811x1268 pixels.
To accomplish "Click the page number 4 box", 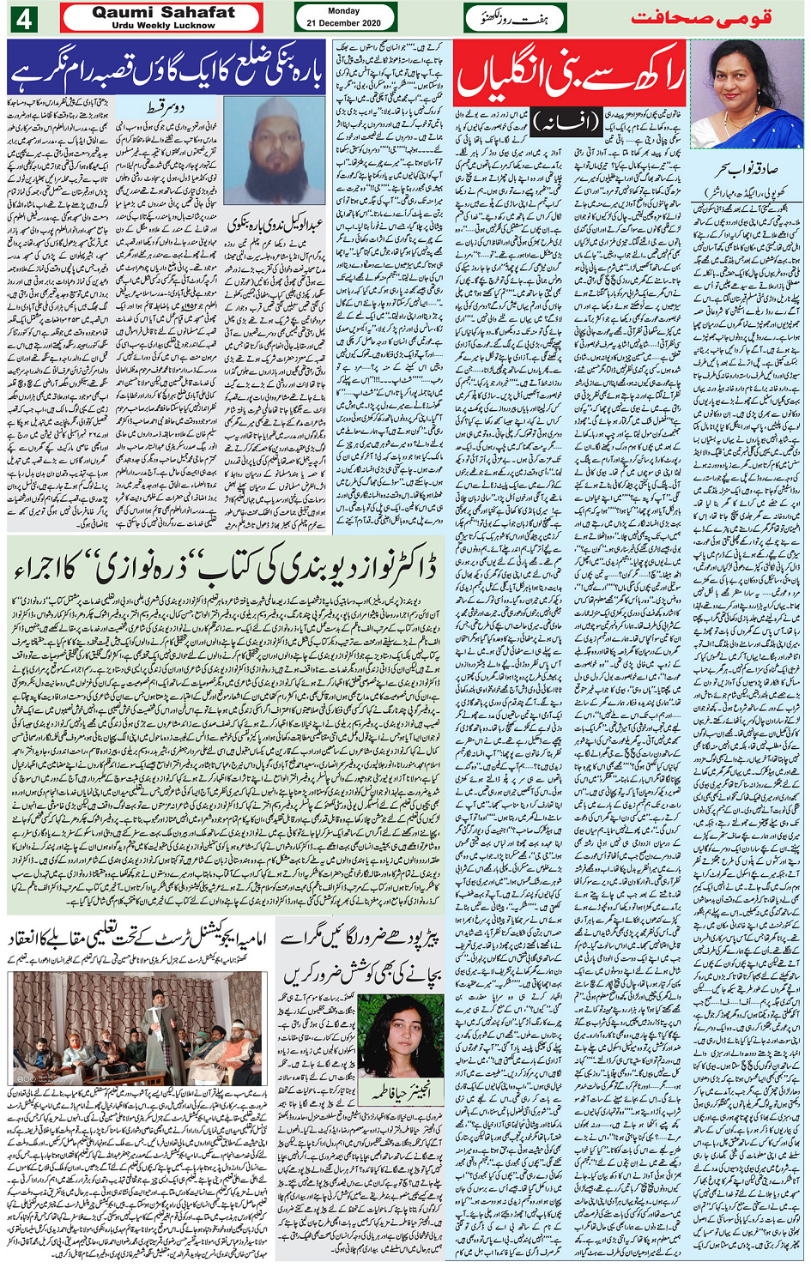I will coord(22,18).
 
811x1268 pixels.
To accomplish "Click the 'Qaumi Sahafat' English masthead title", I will coord(163,13).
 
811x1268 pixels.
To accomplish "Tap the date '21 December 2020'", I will coord(344,23).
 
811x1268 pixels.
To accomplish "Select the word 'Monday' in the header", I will coord(344,11).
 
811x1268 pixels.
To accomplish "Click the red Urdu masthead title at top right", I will coord(700,18).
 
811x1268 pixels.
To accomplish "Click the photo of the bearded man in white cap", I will coord(274,150).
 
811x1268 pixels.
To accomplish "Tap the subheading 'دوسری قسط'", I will coord(185,109).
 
